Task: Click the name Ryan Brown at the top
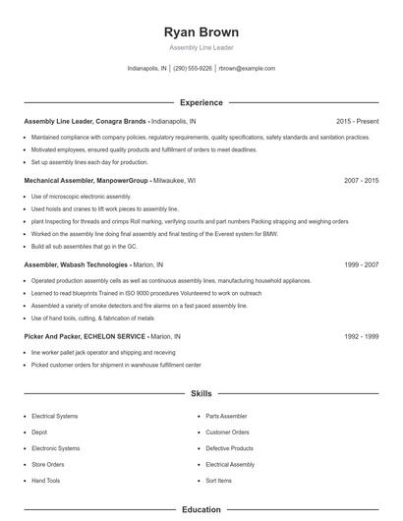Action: pyautogui.click(x=201, y=32)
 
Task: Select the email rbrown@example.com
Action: pyautogui.click(x=247, y=69)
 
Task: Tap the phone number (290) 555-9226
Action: pyautogui.click(x=193, y=69)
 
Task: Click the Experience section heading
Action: pyautogui.click(x=201, y=102)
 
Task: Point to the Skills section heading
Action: pyautogui.click(x=201, y=393)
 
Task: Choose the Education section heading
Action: pyautogui.click(x=201, y=510)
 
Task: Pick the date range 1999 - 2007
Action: pyautogui.click(x=361, y=265)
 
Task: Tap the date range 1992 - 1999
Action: pyautogui.click(x=361, y=336)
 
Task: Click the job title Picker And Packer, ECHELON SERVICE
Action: pyautogui.click(x=83, y=336)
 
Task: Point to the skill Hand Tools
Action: pyautogui.click(x=46, y=480)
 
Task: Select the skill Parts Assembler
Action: pyautogui.click(x=226, y=416)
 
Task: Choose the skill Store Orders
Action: pyautogui.click(x=48, y=464)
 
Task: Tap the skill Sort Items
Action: pyautogui.click(x=219, y=480)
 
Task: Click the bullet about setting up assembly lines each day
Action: pyautogui.click(x=89, y=162)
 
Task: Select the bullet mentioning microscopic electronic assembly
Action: pyautogui.click(x=81, y=197)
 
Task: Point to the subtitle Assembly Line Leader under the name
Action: pyautogui.click(x=201, y=47)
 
